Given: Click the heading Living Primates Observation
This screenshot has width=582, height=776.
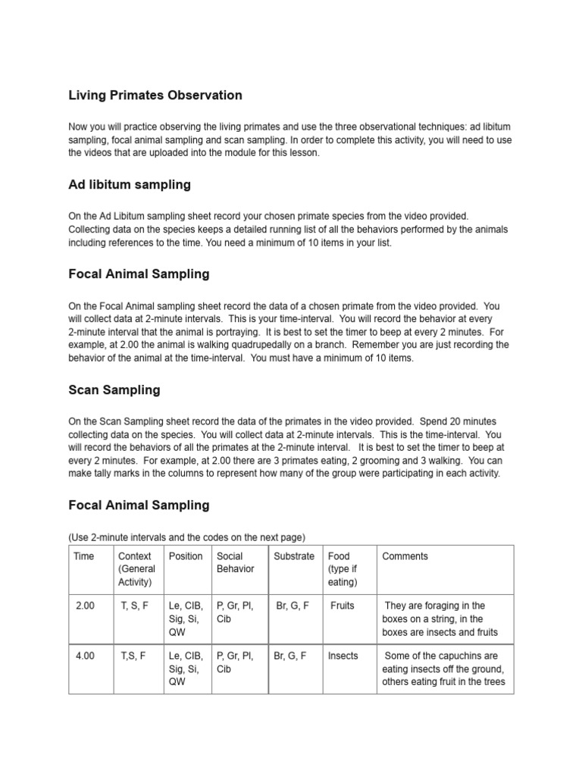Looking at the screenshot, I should (x=155, y=95).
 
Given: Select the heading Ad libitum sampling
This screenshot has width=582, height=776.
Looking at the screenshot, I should (x=130, y=185).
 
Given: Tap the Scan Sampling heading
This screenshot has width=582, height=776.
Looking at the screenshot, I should (x=114, y=390).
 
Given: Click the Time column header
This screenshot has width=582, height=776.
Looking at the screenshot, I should (x=84, y=556).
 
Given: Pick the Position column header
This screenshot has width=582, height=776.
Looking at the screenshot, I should (x=186, y=556).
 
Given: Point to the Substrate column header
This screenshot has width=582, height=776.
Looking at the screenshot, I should (x=294, y=556).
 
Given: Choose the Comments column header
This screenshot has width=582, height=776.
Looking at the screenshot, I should (x=405, y=556).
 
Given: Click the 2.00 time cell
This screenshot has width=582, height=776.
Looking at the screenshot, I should (x=85, y=606).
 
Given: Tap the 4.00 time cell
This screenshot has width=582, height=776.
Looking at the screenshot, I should (x=85, y=656).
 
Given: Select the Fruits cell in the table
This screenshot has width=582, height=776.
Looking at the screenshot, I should (x=343, y=606).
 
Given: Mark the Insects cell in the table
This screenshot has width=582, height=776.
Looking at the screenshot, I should (x=343, y=656).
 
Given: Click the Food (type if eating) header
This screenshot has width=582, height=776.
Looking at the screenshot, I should (x=342, y=569).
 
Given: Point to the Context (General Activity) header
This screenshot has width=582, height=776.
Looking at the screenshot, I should (x=136, y=569).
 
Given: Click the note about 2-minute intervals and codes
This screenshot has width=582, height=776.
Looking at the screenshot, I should (x=186, y=537).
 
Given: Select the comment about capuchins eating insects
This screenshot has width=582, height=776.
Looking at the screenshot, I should (x=444, y=669).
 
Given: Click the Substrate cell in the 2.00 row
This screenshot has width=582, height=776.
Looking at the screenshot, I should (x=292, y=606).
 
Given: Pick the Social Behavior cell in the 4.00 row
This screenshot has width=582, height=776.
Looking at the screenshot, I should (x=235, y=662).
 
